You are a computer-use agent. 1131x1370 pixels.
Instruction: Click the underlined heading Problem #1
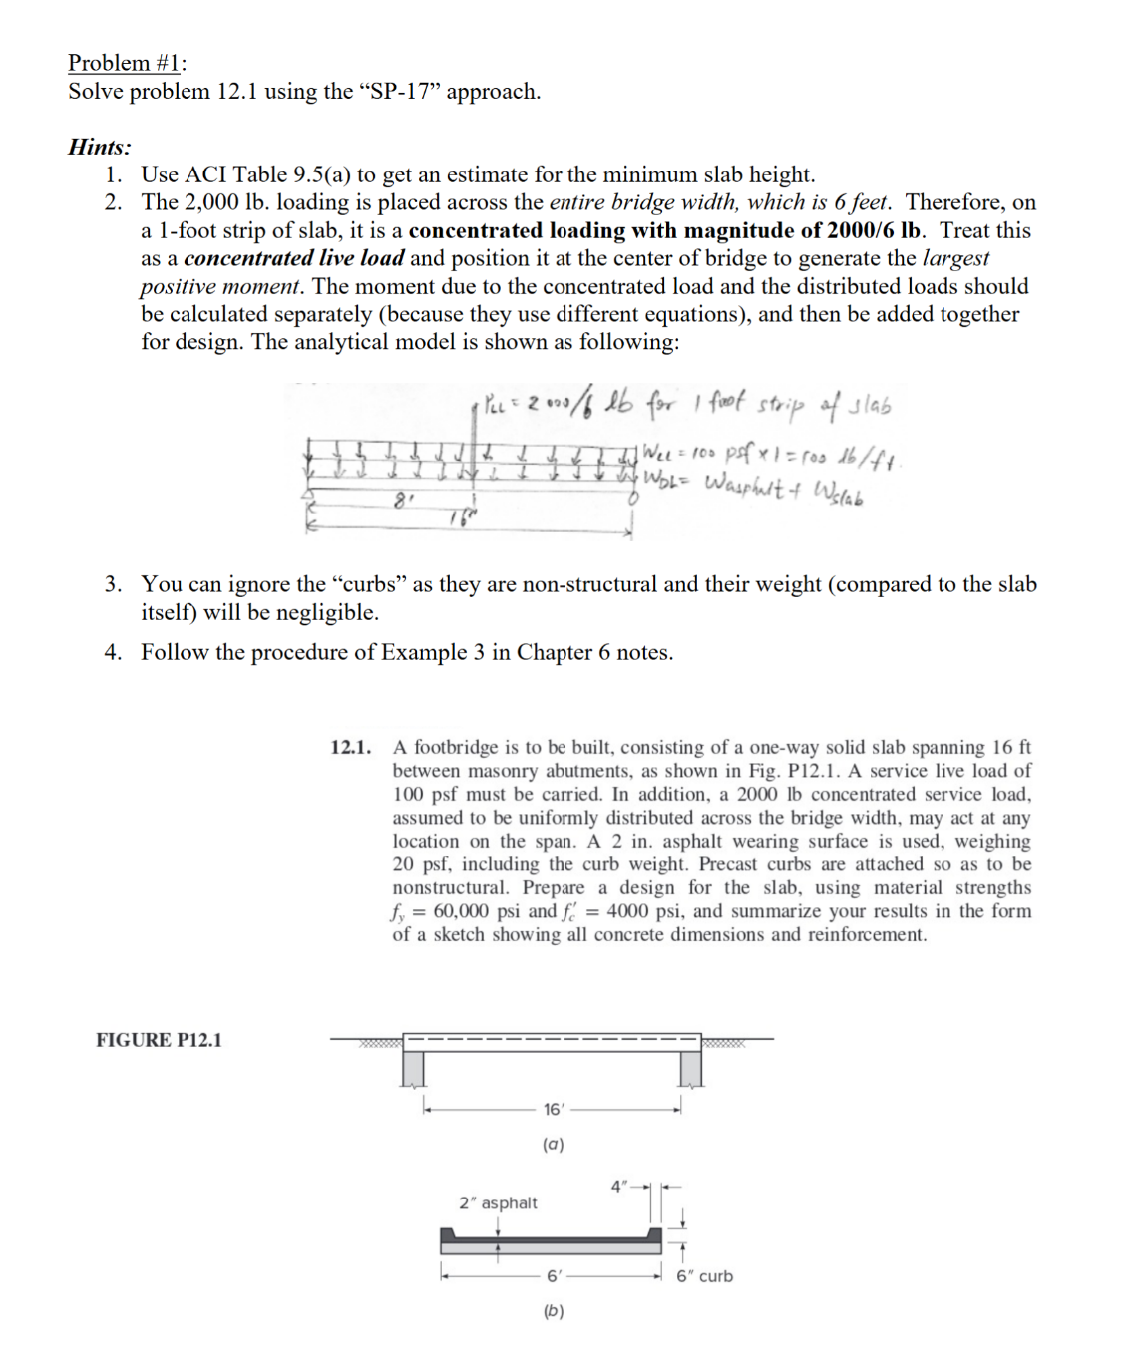(126, 63)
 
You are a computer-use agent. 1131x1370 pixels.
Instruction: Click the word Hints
(99, 147)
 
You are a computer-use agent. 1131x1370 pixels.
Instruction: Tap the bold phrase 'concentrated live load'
(293, 258)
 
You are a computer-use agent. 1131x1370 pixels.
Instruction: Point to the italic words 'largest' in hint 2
(955, 258)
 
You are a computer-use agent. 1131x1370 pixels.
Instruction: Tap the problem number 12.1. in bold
(351, 747)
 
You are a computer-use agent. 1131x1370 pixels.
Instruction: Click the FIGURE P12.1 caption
(159, 1040)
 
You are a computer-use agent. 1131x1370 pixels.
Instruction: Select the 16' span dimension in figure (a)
(553, 1109)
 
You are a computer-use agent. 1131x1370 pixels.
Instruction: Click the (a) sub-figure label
(553, 1145)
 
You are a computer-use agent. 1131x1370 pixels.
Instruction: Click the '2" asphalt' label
(498, 1202)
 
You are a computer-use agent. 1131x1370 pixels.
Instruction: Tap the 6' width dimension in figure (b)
(554, 1275)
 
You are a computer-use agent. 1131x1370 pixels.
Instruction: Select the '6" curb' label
(704, 1276)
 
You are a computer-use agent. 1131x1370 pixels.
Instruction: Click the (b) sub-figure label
(553, 1311)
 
